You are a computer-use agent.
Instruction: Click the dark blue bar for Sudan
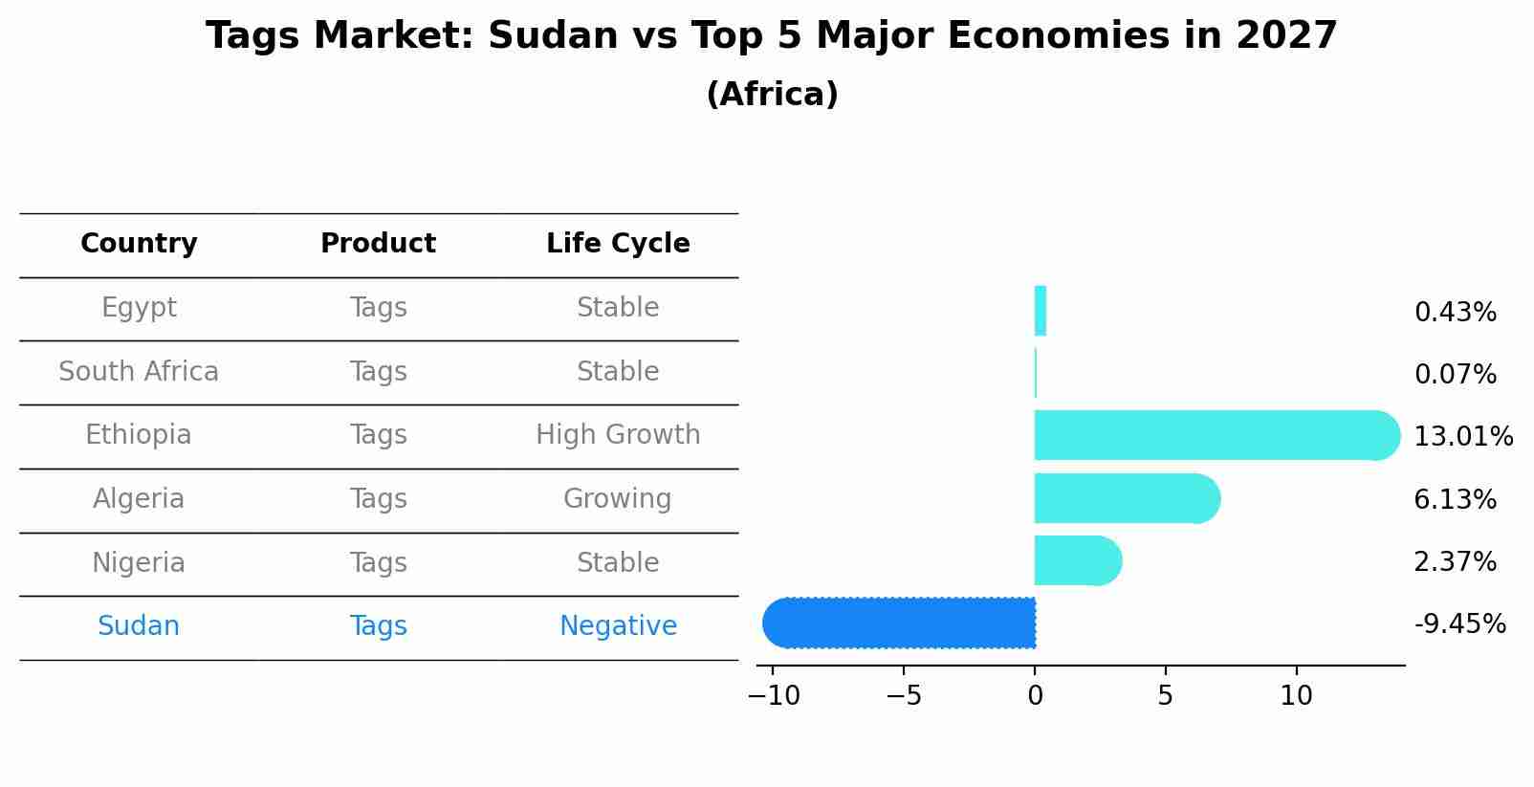(899, 623)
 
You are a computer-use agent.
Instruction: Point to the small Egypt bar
(1041, 311)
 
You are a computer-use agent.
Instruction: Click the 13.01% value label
(1462, 437)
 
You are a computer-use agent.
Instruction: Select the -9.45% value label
(1459, 624)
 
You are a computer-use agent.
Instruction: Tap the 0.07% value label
(1455, 375)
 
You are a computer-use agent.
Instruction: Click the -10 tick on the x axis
(773, 696)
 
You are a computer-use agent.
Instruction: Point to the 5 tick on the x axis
(1165, 696)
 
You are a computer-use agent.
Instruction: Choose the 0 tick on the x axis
(1035, 696)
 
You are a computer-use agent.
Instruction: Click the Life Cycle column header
(618, 244)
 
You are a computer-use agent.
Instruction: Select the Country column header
(139, 244)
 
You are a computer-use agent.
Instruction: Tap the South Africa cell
(139, 372)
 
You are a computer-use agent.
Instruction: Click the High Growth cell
(618, 435)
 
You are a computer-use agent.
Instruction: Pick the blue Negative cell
(618, 626)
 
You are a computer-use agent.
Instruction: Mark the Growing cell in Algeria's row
(618, 499)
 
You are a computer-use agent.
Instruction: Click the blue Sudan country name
(139, 626)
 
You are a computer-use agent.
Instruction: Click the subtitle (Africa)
(772, 95)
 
